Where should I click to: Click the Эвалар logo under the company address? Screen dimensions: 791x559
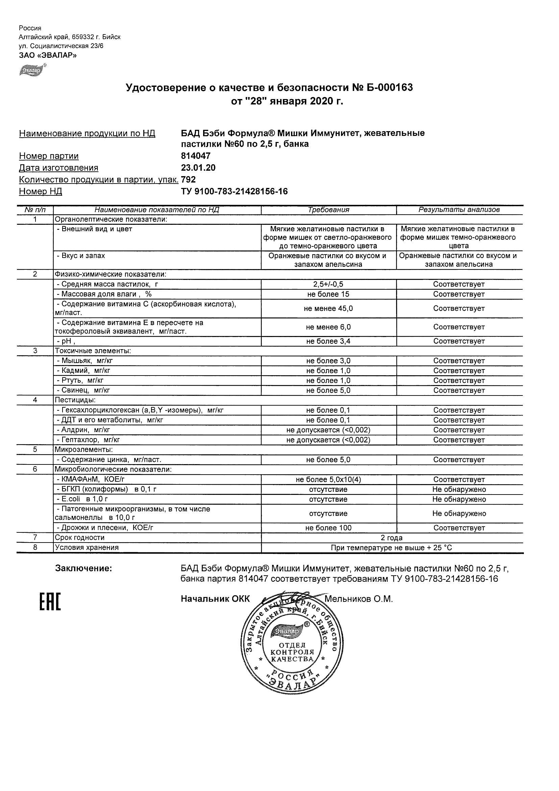pyautogui.click(x=32, y=70)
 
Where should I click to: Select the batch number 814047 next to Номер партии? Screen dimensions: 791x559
pyautogui.click(x=196, y=156)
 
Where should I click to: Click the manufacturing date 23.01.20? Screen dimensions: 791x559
pyautogui.click(x=198, y=168)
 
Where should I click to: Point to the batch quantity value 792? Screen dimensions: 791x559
pyautogui.click(x=188, y=179)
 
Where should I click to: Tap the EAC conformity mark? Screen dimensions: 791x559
pyautogui.click(x=50, y=601)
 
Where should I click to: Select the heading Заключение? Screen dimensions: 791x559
pyautogui.click(x=83, y=569)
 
